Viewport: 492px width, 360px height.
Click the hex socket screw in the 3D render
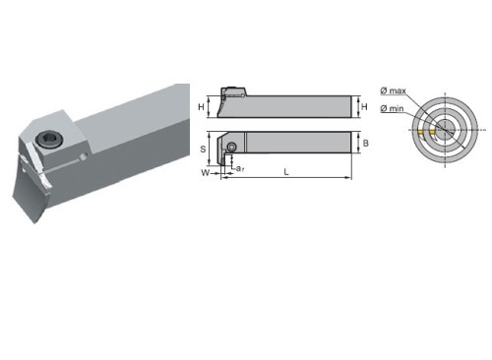pyautogui.click(x=46, y=140)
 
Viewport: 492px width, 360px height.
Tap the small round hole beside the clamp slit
pyautogui.click(x=85, y=156)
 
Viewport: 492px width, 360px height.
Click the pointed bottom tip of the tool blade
pyautogui.click(x=35, y=223)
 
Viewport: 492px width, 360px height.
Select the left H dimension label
pyautogui.click(x=201, y=107)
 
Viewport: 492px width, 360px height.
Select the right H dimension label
pyautogui.click(x=364, y=106)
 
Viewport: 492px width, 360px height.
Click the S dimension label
pyautogui.click(x=203, y=150)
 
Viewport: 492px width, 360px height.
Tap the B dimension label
pyautogui.click(x=366, y=143)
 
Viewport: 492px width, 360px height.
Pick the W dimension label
pyautogui.click(x=205, y=172)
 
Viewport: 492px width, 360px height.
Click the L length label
pyautogui.click(x=286, y=172)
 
